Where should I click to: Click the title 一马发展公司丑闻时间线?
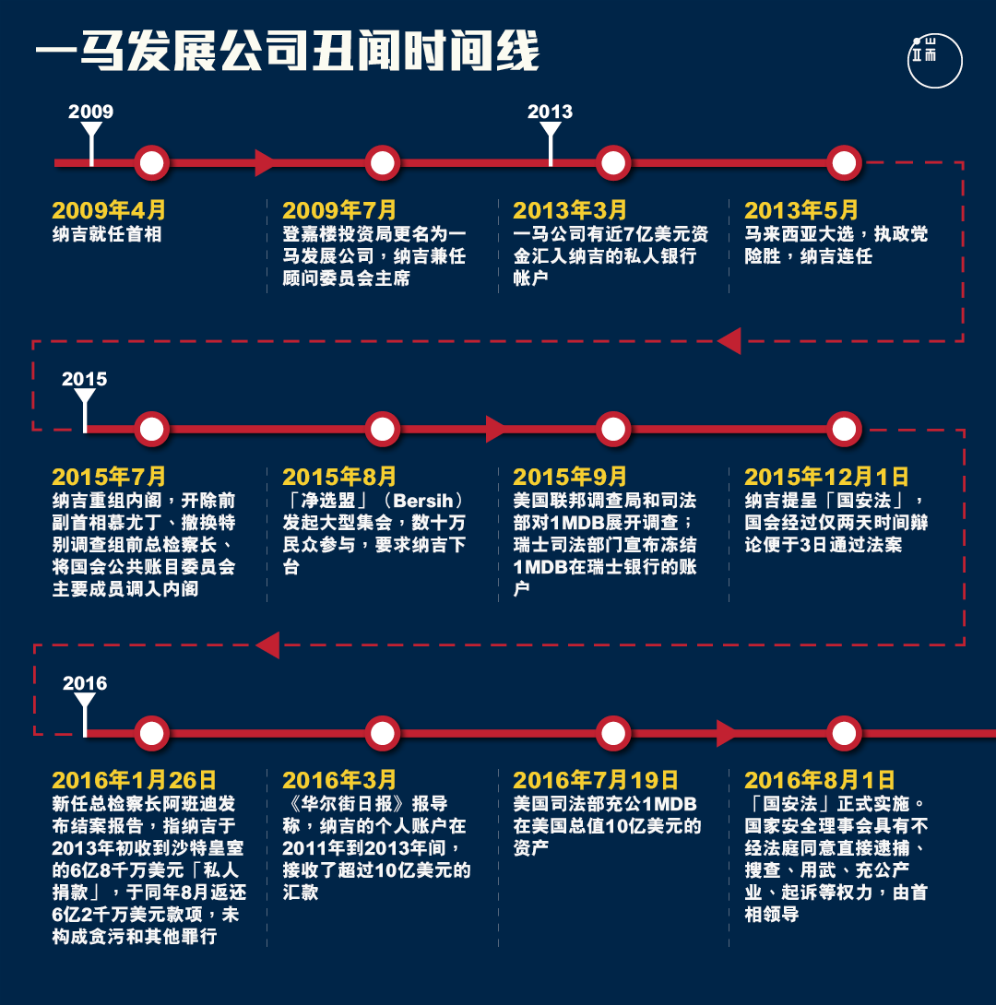click(x=287, y=51)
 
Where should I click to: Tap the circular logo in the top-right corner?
click(x=934, y=60)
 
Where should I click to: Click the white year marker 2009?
click(x=91, y=112)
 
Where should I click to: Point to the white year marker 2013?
click(x=550, y=112)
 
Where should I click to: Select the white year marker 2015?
click(x=85, y=379)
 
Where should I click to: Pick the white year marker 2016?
click(x=85, y=683)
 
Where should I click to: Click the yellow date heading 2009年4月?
click(x=109, y=210)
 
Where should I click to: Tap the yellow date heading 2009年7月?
click(x=339, y=210)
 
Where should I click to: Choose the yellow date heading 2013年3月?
click(x=570, y=210)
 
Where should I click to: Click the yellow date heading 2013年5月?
click(x=801, y=210)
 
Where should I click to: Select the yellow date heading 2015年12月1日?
click(x=827, y=477)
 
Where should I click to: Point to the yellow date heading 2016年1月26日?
click(x=135, y=780)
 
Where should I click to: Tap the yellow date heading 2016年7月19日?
click(x=596, y=780)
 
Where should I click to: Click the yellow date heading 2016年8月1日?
click(x=820, y=780)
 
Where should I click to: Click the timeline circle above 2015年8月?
click(x=383, y=429)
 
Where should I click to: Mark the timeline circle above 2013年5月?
click(x=844, y=163)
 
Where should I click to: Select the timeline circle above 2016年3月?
click(x=383, y=733)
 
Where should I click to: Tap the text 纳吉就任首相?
click(x=107, y=234)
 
